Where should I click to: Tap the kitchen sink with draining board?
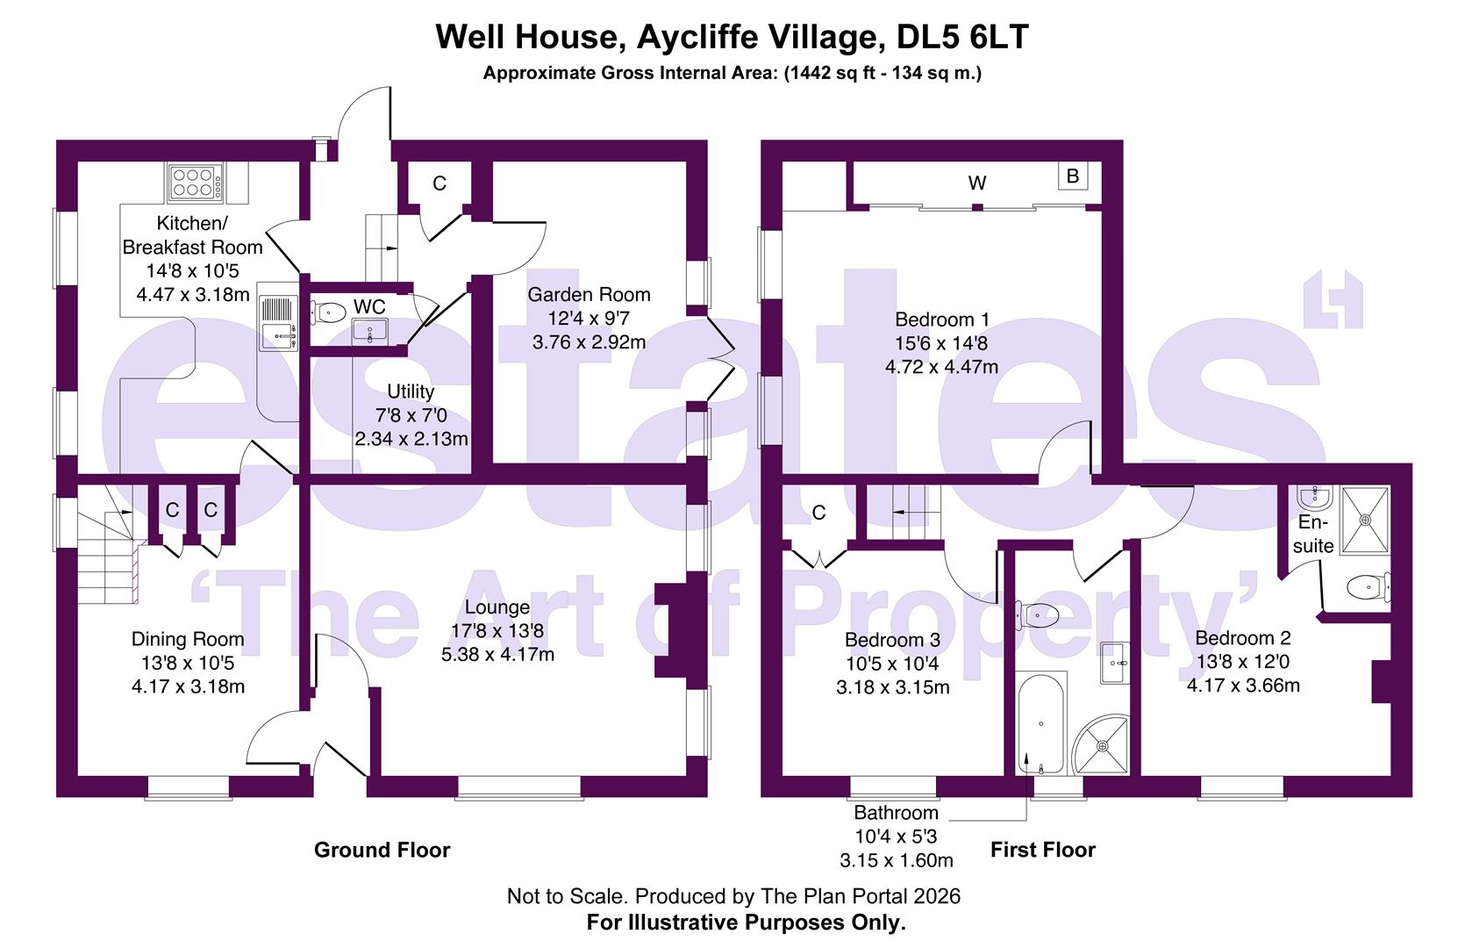[x=279, y=322]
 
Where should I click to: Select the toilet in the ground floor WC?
[x=328, y=310]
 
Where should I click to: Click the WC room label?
[x=369, y=306]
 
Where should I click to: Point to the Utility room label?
[x=411, y=391]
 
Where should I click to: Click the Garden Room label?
[x=589, y=295]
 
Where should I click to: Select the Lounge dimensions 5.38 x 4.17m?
[x=497, y=654]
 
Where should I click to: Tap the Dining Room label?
[x=188, y=639]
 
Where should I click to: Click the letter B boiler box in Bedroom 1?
[x=1072, y=176]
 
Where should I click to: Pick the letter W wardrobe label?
[x=977, y=183]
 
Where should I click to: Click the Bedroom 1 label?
[x=941, y=320]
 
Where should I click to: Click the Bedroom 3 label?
[x=892, y=640]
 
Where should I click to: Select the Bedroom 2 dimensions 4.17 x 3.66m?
[x=1243, y=685]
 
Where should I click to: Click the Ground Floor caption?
[x=382, y=850]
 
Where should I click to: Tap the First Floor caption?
[x=1042, y=850]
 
